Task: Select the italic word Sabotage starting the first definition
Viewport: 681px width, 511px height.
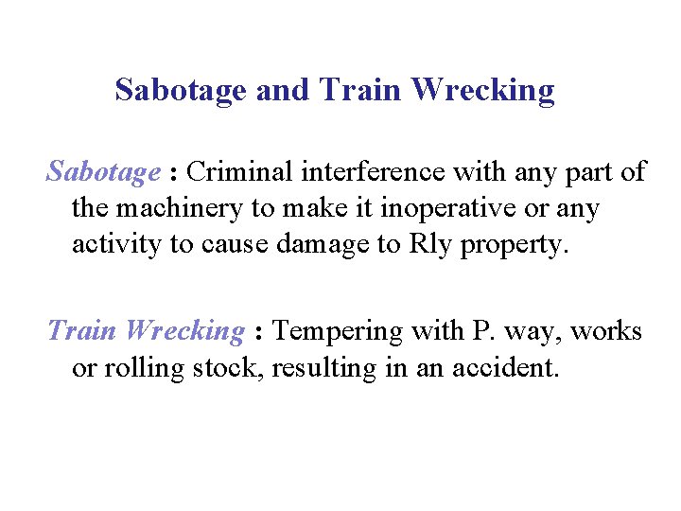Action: (x=103, y=172)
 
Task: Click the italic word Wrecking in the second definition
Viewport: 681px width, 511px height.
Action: (x=185, y=331)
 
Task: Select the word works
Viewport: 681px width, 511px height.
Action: (x=605, y=331)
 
